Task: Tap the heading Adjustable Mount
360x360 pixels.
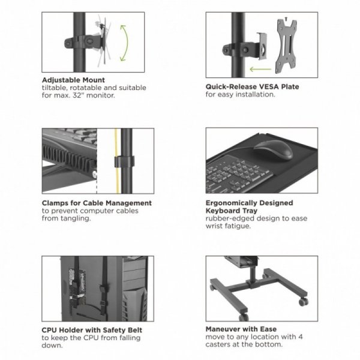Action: coord(73,80)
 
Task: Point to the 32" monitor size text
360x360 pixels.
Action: coord(95,94)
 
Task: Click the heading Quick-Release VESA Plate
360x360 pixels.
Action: coord(252,87)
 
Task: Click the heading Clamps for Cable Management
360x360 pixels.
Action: coord(97,203)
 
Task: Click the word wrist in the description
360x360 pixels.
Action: coord(215,226)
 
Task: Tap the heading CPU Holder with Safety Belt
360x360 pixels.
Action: coord(92,330)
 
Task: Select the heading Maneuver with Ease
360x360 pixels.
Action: coord(240,329)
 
